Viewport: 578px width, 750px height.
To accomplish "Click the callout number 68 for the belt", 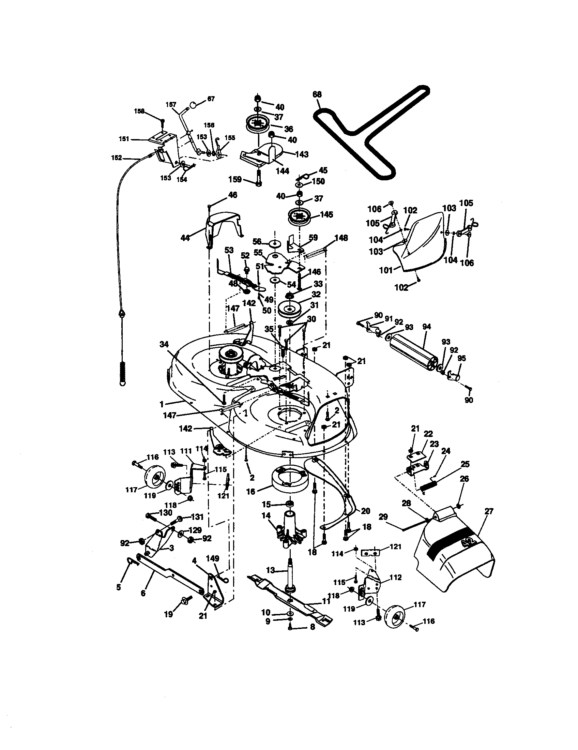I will pyautogui.click(x=317, y=94).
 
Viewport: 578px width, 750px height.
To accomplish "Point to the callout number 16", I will pyautogui.click(x=250, y=492).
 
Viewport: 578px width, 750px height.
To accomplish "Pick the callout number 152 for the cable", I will pyautogui.click(x=116, y=158).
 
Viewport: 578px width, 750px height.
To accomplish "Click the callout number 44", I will pyautogui.click(x=185, y=238).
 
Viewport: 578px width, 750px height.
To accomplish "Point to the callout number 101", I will pyautogui.click(x=386, y=271).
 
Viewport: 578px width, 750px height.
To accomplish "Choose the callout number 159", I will pyautogui.click(x=235, y=179).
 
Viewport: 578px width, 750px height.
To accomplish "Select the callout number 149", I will pyautogui.click(x=212, y=559).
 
